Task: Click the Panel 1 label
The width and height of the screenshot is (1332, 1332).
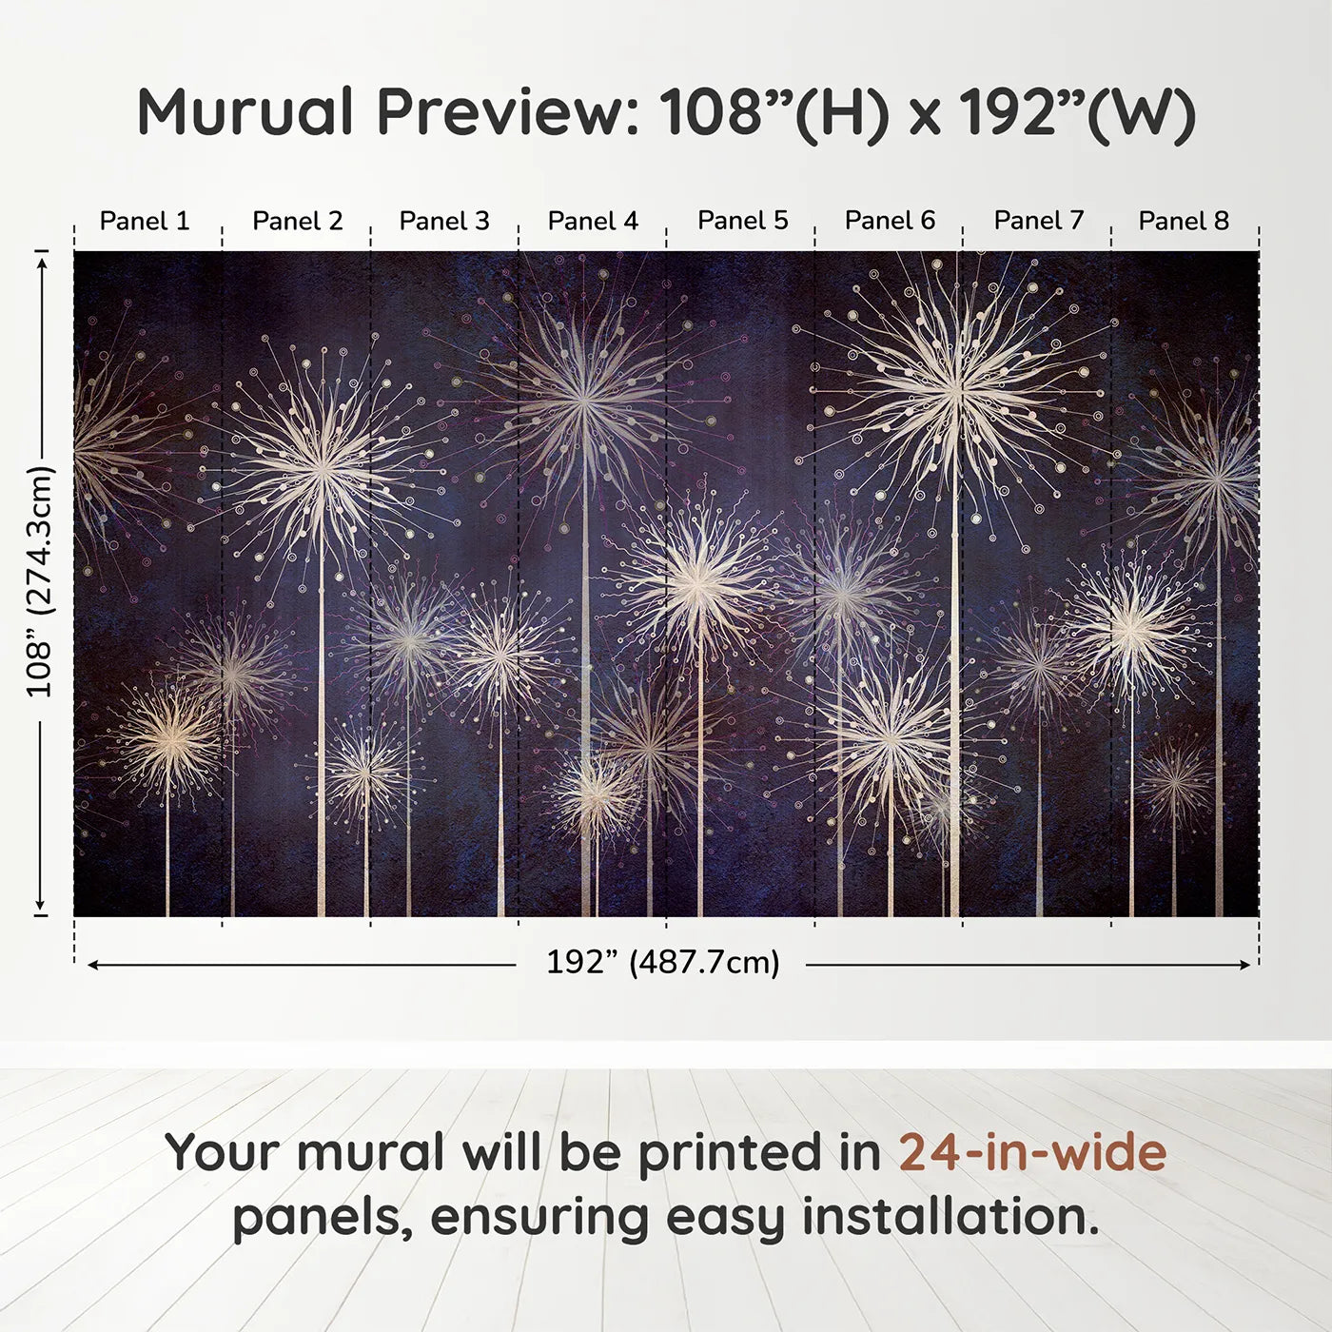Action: pyautogui.click(x=145, y=221)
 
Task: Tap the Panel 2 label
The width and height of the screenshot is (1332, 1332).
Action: pyautogui.click(x=297, y=221)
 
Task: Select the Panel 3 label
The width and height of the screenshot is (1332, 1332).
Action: pyautogui.click(x=444, y=221)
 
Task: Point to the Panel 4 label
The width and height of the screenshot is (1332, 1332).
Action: pyautogui.click(x=593, y=221)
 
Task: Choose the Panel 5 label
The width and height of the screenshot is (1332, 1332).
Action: pyautogui.click(x=743, y=221)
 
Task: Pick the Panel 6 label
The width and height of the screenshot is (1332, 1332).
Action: pyautogui.click(x=891, y=221)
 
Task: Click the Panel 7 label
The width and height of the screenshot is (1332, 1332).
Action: pyautogui.click(x=1039, y=221)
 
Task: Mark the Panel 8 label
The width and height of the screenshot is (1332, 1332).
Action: pyautogui.click(x=1184, y=221)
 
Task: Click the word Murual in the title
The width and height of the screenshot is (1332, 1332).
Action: pyautogui.click(x=245, y=112)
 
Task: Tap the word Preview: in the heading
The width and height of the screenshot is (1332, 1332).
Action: pyautogui.click(x=500, y=112)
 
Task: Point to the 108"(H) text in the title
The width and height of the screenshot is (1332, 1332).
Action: pyautogui.click(x=774, y=112)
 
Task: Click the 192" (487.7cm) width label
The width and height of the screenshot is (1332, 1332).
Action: pyautogui.click(x=662, y=963)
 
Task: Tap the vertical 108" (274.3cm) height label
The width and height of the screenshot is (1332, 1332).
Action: pyautogui.click(x=40, y=581)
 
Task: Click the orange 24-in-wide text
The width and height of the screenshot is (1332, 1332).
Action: pyautogui.click(x=1032, y=1152)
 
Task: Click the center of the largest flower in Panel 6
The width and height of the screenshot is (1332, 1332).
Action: pyautogui.click(x=956, y=388)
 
